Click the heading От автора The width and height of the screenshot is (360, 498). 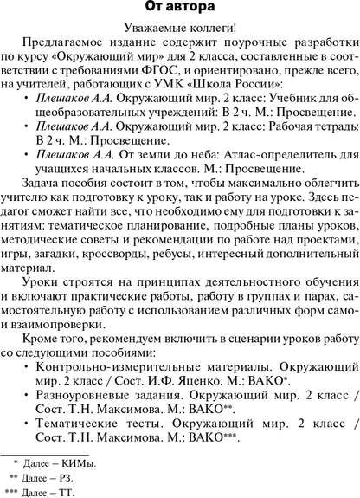tap(179, 10)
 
